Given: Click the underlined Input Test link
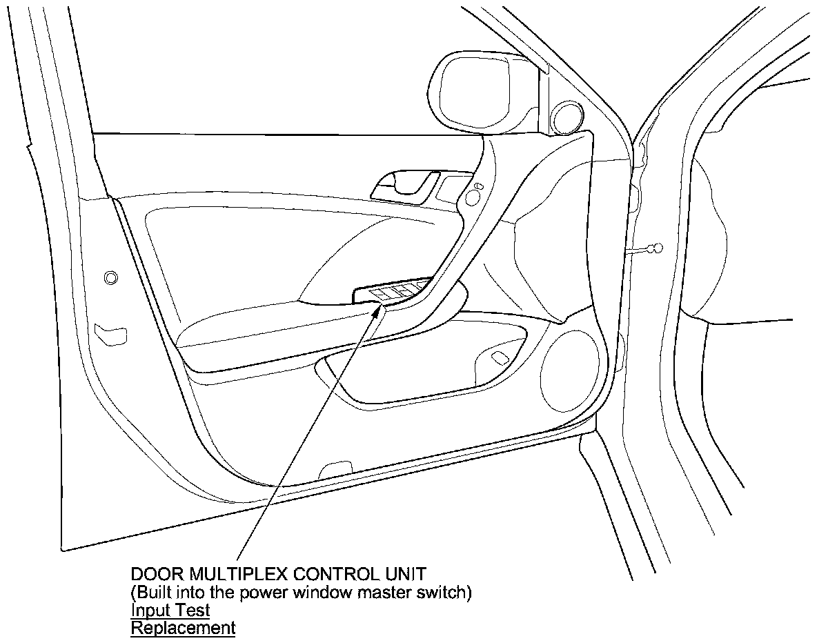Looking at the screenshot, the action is point(170,611).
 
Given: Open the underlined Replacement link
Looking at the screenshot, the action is point(183,629).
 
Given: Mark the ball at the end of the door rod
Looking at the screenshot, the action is point(658,248).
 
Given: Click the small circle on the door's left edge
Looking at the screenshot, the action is point(110,278).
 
